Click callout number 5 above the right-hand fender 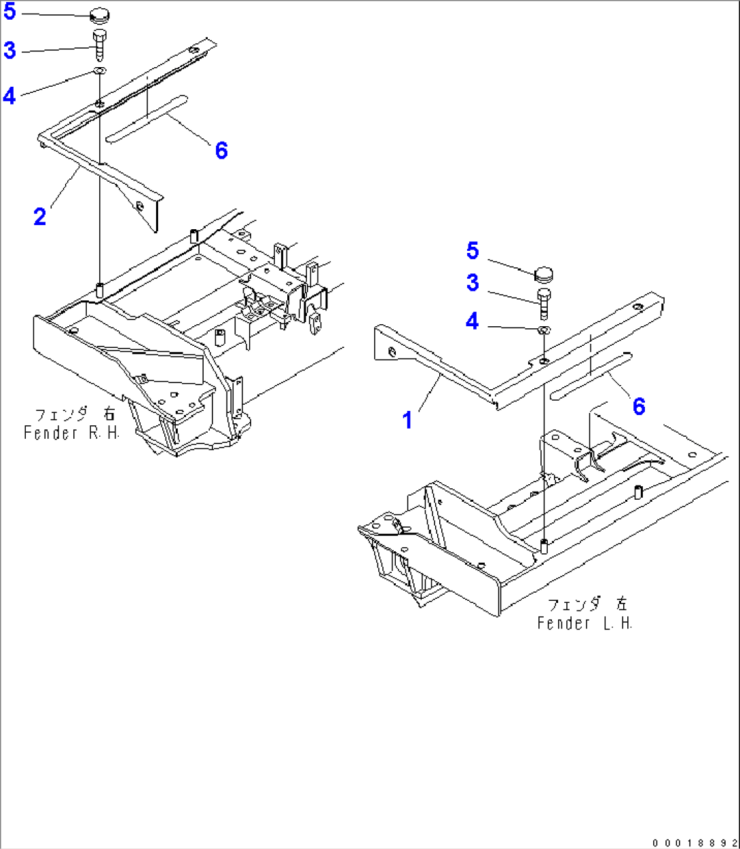click(x=10, y=12)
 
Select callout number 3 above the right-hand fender click(x=10, y=50)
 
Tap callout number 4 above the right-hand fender click(x=9, y=96)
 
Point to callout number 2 click(x=40, y=216)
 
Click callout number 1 click(x=407, y=420)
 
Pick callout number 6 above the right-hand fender click(x=222, y=151)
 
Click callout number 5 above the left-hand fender click(x=473, y=251)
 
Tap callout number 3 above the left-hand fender click(x=473, y=283)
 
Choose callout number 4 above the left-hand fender click(x=472, y=321)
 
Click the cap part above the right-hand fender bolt click(x=99, y=16)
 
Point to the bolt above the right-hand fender click(x=99, y=44)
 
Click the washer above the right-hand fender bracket click(x=100, y=70)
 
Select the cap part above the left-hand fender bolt click(x=544, y=274)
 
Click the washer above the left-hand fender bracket click(x=544, y=330)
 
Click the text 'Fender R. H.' click(x=71, y=433)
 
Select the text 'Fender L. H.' click(x=585, y=623)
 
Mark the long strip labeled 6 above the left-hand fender click(x=591, y=376)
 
